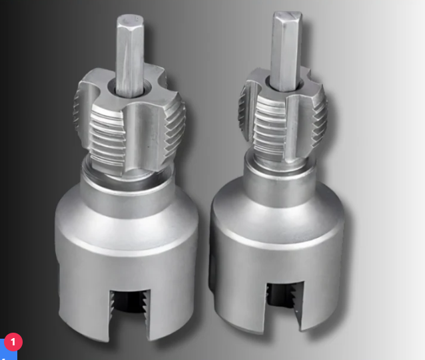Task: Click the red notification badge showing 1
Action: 13,342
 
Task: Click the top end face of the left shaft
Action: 130,21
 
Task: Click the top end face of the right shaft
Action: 287,16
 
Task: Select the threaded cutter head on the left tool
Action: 129,119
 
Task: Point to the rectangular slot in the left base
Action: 129,314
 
